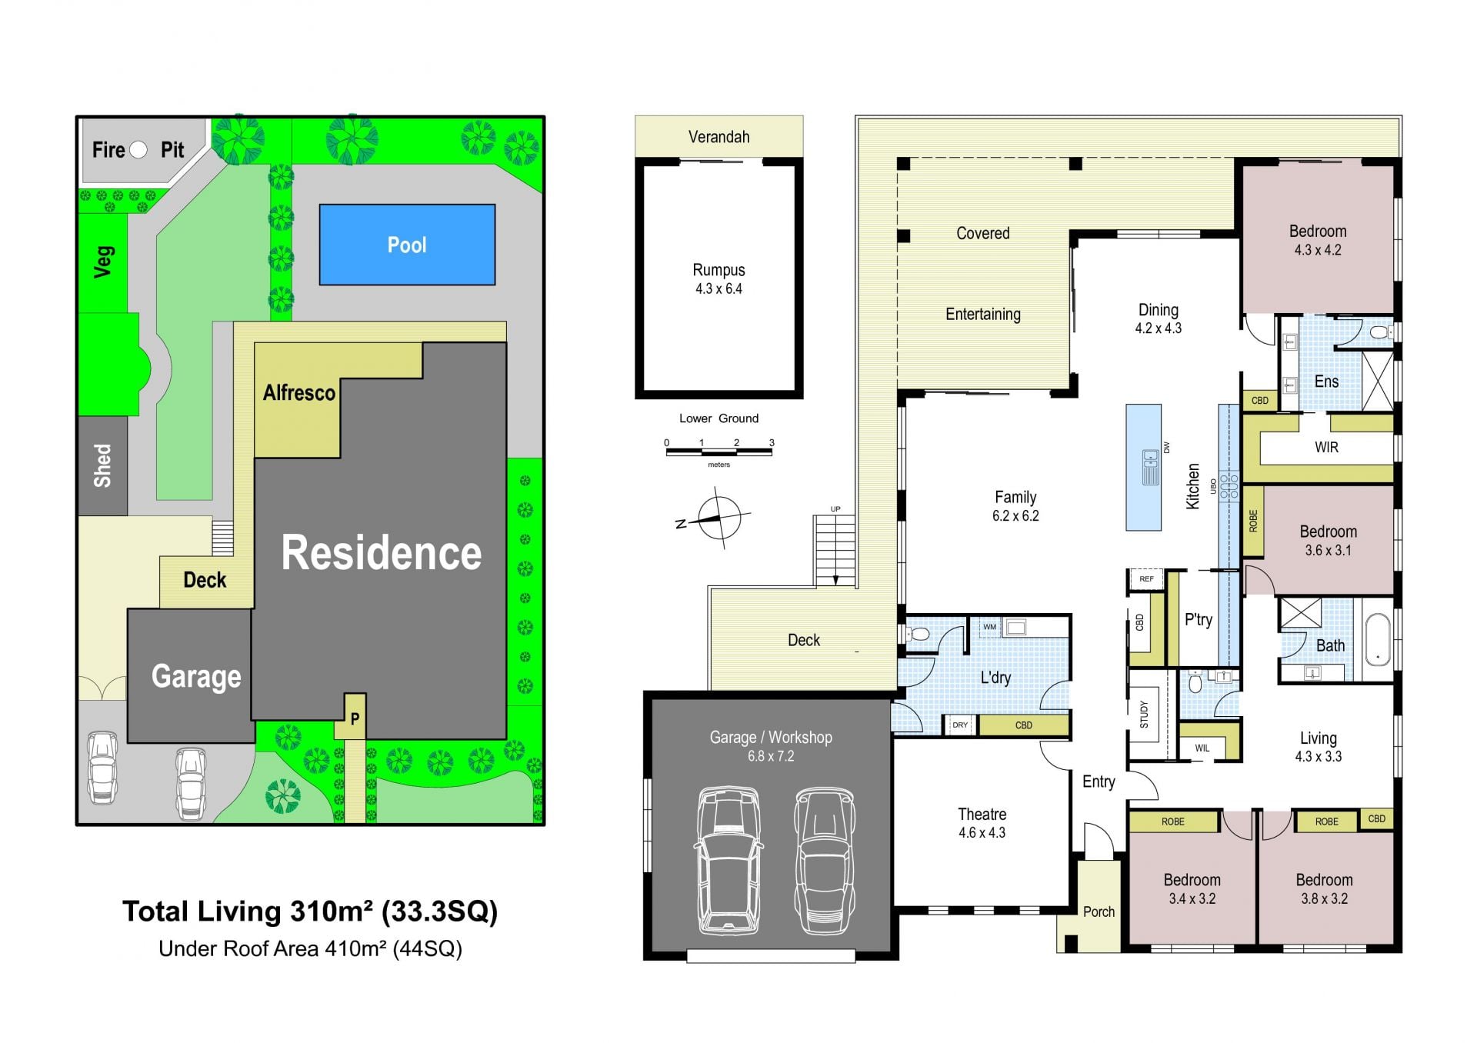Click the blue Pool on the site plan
point(407,245)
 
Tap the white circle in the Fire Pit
point(138,149)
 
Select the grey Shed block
point(102,465)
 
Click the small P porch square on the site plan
point(355,718)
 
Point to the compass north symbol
point(719,518)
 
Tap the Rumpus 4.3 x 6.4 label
point(718,279)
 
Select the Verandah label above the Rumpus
point(718,137)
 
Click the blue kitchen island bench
point(1143,468)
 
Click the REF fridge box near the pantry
point(1146,579)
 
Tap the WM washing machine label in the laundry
point(989,627)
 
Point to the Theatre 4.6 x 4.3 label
point(982,823)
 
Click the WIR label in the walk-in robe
point(1326,447)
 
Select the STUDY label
point(1144,714)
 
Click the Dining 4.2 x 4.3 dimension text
point(1158,328)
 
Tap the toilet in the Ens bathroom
point(1382,332)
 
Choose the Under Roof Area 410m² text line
point(310,948)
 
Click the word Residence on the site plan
point(382,552)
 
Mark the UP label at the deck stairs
point(835,509)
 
